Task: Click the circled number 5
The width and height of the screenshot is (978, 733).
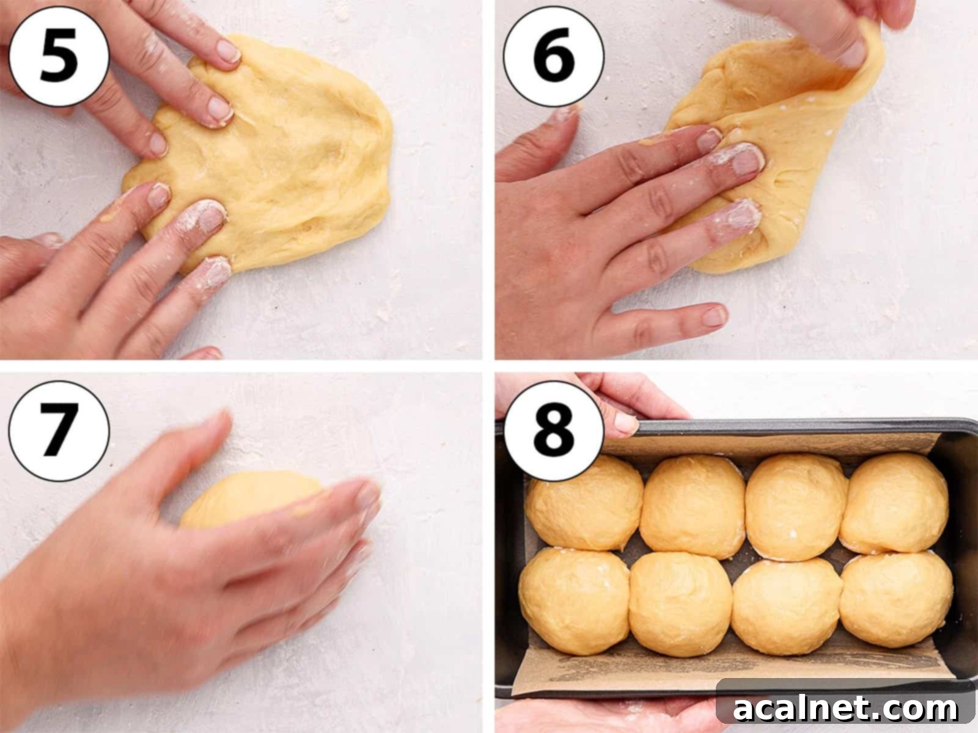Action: coord(59,56)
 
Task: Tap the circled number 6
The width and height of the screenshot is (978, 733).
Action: coord(553,56)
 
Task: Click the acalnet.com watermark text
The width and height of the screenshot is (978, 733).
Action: coord(845,709)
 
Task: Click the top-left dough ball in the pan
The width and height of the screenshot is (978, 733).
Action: coord(584,502)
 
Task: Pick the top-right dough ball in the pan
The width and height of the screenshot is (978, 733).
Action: coord(895,502)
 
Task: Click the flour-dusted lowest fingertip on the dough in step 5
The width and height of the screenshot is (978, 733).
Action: coord(214,266)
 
